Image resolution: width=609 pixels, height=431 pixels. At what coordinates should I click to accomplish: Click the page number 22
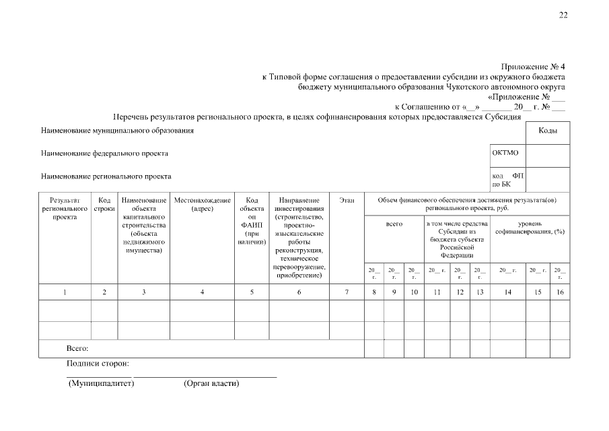point(563,16)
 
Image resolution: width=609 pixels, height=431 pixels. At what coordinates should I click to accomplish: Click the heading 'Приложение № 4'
point(533,67)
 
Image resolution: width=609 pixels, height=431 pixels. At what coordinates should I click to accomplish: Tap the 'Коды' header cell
point(547,131)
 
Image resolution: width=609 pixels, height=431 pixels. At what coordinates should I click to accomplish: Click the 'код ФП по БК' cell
point(508,179)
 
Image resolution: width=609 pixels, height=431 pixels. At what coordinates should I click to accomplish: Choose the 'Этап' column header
point(347,201)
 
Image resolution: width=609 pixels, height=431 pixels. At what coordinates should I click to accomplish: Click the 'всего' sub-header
point(394,224)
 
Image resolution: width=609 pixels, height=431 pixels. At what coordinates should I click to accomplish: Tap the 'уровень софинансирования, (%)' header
point(530,228)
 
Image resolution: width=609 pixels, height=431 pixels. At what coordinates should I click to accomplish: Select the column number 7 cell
point(347,292)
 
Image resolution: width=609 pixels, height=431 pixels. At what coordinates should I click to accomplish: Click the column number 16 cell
point(559,292)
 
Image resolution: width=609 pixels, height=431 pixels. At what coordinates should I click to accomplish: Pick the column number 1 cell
point(65,292)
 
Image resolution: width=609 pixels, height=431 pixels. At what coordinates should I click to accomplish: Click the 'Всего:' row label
point(78,348)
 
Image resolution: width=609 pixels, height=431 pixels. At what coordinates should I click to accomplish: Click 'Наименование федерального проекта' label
point(105,154)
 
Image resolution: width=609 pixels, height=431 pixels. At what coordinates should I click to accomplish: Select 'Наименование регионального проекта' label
point(106,176)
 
